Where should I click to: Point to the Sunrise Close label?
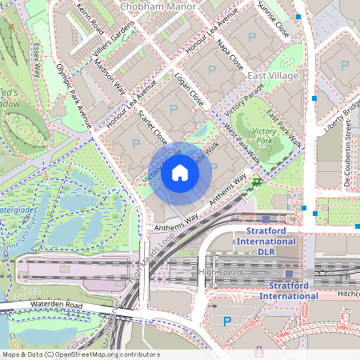click(x=273, y=20)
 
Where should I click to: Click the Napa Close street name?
click(x=230, y=58)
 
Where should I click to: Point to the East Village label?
click(x=272, y=75)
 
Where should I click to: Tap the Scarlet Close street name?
click(x=152, y=123)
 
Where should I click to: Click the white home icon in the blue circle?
click(x=180, y=171)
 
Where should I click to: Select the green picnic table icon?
click(x=256, y=183)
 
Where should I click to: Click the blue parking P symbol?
click(x=227, y=321)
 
